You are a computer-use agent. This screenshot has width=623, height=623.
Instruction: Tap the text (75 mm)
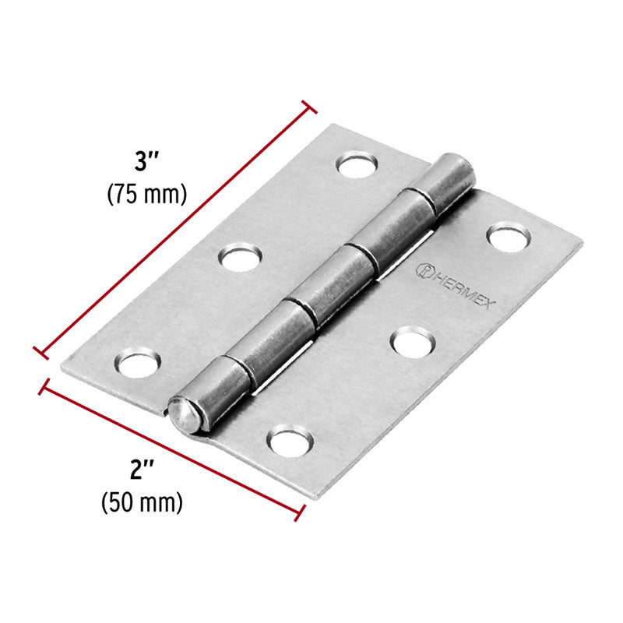(146, 193)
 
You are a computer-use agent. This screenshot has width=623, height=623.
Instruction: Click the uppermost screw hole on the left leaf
(357, 164)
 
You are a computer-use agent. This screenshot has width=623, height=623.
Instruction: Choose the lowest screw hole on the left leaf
(139, 363)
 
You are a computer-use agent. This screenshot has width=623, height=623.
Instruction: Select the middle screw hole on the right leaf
(412, 340)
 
